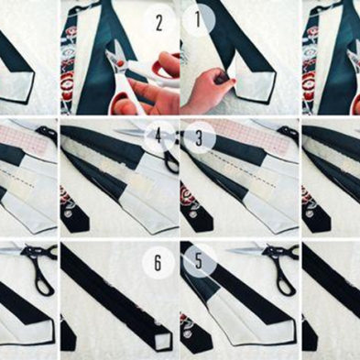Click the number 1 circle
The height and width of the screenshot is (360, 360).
[x=199, y=20]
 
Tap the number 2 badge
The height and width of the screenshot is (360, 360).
[x=159, y=23]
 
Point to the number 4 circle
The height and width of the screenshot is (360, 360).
[x=158, y=136]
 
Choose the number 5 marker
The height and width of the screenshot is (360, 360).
[x=200, y=261]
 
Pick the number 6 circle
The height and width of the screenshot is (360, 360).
[x=158, y=263]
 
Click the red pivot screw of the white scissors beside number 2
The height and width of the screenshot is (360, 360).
[x=122, y=63]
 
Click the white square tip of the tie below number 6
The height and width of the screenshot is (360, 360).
[x=162, y=340]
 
